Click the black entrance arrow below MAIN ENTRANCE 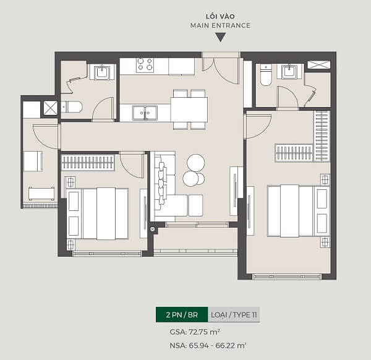coord(220,37)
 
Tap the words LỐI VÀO coord(220,16)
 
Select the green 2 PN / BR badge coord(182,315)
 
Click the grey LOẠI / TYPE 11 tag coord(234,315)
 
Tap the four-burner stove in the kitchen coord(145,65)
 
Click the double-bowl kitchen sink coord(145,113)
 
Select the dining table coord(189,109)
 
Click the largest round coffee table coord(195,163)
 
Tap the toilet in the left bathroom coord(72,107)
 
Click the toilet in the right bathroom coord(266,75)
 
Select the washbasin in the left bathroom coord(102,72)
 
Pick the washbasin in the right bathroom coord(289,71)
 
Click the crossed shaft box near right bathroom coord(318,64)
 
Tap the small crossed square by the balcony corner coord(153,229)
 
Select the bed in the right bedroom coord(299,211)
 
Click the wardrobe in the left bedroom coord(88,162)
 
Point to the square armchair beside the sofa coord(195,205)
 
